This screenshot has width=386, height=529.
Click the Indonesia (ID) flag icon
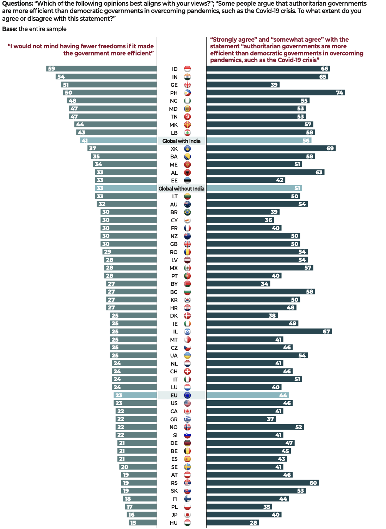pos(188,69)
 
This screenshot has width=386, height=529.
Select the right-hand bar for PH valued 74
pos(275,93)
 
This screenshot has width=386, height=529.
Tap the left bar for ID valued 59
pos(102,69)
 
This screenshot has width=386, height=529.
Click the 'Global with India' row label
pos(181,141)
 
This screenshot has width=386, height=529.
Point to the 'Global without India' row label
pos(181,188)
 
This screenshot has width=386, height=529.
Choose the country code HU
pos(174,523)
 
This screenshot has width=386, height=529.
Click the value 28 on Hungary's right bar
pos(253,523)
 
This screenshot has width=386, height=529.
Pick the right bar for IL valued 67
pos(269,331)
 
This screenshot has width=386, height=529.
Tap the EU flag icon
pos(188,395)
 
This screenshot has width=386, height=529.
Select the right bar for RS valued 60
pos(262,483)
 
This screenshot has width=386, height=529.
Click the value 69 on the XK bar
pos(330,149)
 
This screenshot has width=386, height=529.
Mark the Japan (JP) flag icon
pos(188,515)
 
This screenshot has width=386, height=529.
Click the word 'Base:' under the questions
pos(10,29)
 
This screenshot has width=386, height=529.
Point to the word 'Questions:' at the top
pos(17,4)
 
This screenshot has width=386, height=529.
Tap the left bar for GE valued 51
pos(109,85)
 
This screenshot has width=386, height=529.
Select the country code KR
pos(174,300)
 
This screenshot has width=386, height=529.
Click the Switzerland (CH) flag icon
pos(188,371)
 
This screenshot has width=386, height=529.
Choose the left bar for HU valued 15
pos(143,523)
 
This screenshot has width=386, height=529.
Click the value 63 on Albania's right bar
pos(319,173)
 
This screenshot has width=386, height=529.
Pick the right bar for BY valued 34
pos(238,284)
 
